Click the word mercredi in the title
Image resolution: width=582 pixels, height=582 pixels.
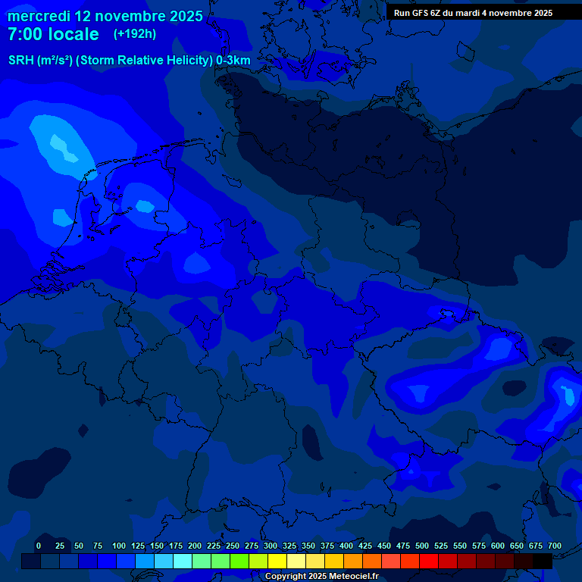point(39,16)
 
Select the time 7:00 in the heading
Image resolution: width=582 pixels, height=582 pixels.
point(23,35)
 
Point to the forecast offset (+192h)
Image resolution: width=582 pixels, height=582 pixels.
point(134,34)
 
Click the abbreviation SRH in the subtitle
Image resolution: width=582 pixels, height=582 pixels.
point(21,61)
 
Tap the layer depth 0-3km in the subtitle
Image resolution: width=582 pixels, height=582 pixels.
point(233,61)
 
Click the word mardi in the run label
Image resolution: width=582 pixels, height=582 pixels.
point(465,13)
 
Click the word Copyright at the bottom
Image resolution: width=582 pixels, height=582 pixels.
point(286,577)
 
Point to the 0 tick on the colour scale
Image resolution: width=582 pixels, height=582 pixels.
point(39,546)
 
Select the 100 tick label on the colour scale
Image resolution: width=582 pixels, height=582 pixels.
point(119,546)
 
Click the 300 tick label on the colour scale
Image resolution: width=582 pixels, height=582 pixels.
point(271,546)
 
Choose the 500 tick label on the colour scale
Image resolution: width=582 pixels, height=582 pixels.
point(422,546)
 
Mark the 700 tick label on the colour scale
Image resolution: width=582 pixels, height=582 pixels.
point(555,546)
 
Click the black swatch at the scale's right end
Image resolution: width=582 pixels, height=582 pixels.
point(543,561)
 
